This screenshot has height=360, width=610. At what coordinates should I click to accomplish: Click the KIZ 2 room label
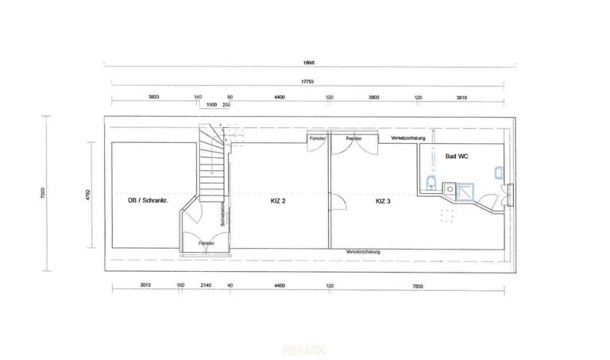coord(277,201)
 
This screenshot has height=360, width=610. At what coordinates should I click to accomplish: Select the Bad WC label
coord(457,157)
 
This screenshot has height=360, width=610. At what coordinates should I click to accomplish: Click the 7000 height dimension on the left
coord(49,192)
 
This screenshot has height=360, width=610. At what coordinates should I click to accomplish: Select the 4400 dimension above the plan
coord(280,97)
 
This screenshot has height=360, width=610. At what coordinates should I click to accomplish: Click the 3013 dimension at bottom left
coord(145,284)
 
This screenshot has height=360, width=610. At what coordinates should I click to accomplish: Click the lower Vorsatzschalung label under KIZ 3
coord(363,252)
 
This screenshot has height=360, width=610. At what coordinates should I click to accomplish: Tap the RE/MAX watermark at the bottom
coord(306,346)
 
